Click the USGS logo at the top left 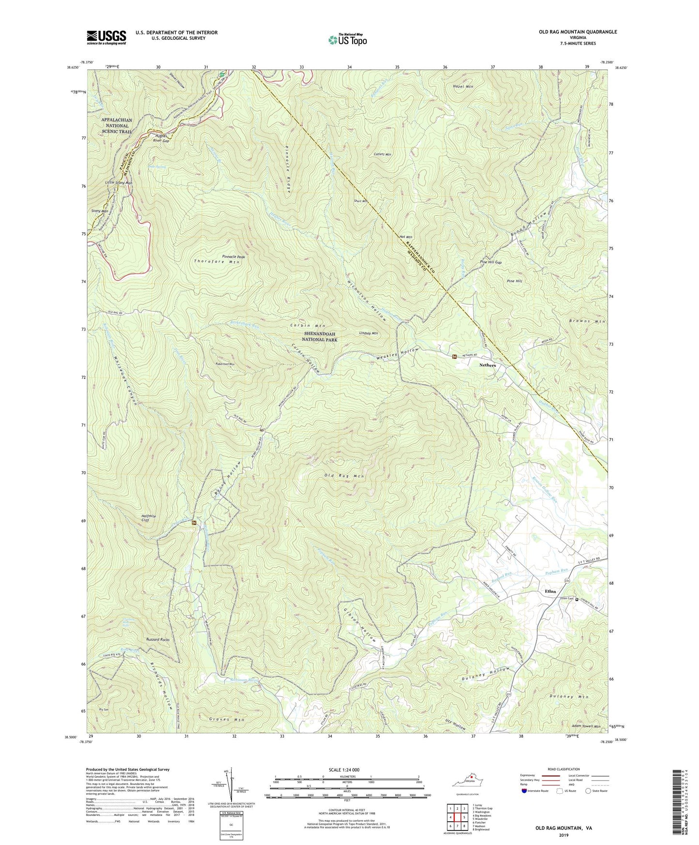tap(106, 37)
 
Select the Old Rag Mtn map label tap(343, 476)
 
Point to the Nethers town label tap(487, 365)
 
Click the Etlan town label tap(550, 591)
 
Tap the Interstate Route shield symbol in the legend tap(524, 791)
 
